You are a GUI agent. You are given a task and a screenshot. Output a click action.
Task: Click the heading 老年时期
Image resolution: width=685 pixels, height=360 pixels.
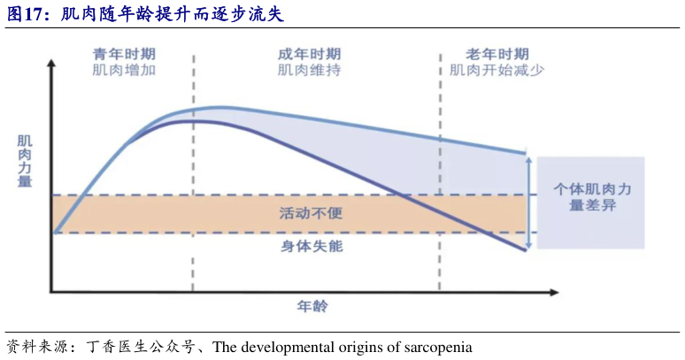coord(497,53)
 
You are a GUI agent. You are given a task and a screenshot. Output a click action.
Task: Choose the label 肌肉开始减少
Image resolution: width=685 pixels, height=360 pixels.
coord(497,70)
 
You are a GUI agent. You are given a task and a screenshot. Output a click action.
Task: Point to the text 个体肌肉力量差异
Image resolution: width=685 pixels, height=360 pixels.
coord(590,196)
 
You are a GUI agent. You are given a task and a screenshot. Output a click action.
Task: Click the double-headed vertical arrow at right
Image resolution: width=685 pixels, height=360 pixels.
coord(529,202)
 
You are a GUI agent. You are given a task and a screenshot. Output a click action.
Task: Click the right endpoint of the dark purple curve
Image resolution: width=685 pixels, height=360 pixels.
coord(525,250)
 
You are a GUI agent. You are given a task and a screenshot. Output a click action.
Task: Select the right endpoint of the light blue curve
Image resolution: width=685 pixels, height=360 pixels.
coord(525,152)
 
